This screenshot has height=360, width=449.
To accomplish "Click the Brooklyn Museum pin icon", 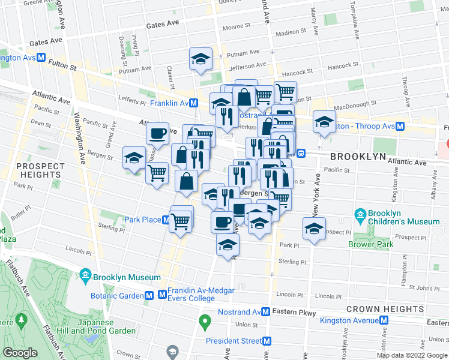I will (x=85, y=277).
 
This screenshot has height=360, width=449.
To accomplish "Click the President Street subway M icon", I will (x=267, y=341).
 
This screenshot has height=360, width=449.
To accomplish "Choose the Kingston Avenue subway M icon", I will (x=385, y=320).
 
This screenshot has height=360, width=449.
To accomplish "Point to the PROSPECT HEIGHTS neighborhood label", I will (x=40, y=171).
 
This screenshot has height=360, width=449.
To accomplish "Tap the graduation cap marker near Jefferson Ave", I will (x=200, y=59).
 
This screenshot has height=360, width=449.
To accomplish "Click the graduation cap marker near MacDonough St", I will (x=324, y=122).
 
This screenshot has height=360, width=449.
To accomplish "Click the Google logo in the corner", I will (x=20, y=353).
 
